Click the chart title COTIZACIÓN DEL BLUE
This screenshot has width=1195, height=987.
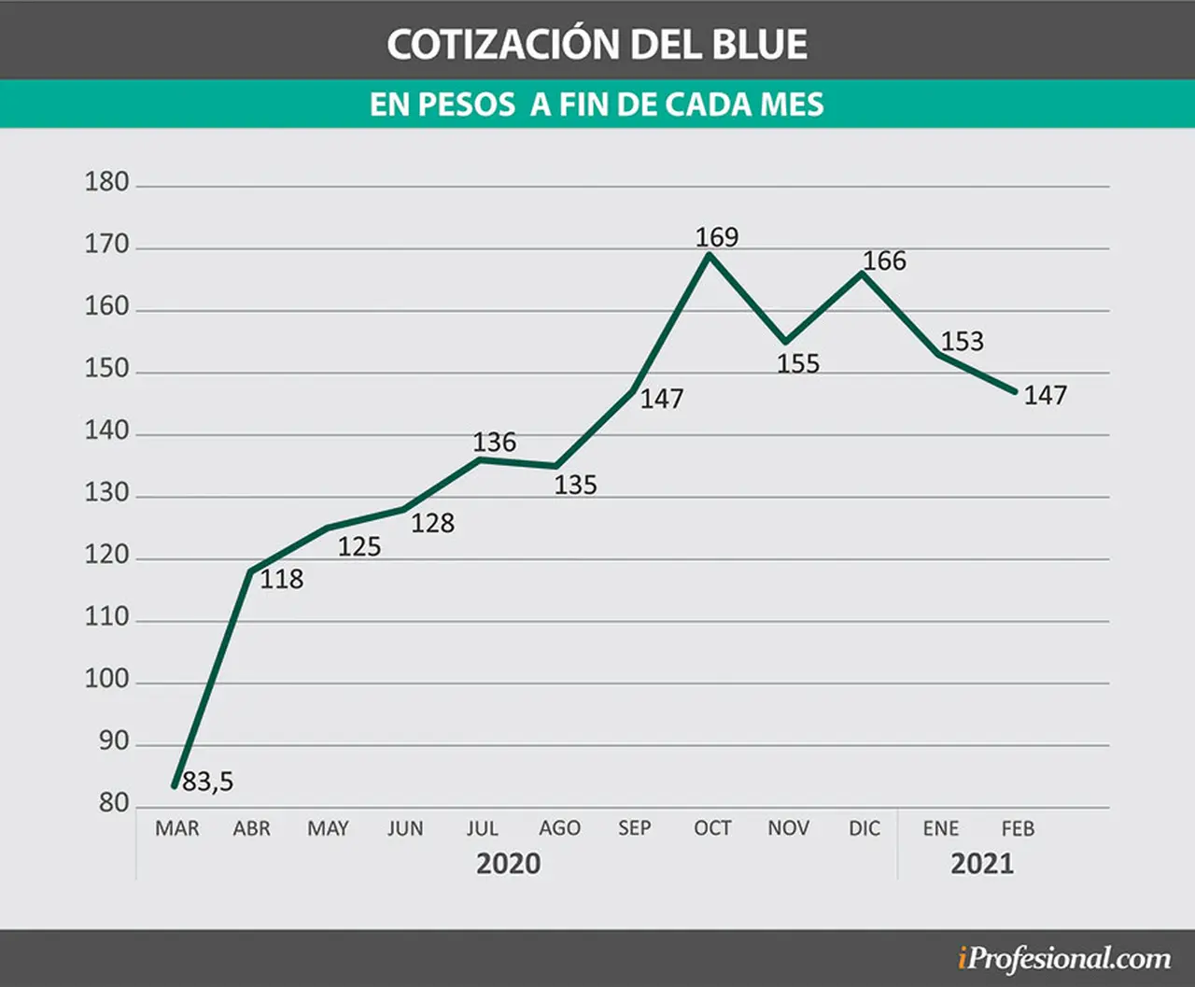pos(597,44)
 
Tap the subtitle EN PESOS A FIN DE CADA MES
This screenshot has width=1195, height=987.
pos(597,105)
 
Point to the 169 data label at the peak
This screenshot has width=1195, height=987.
pos(717,237)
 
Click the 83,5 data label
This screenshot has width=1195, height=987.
pos(208,782)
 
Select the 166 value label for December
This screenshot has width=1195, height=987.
pos(884,261)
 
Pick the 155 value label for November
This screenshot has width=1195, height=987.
pos(798,363)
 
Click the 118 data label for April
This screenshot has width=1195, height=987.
pos(282,579)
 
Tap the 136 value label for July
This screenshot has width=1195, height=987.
pos(495,442)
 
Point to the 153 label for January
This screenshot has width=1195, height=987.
pos(962,341)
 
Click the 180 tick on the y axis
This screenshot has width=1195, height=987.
pos(107,182)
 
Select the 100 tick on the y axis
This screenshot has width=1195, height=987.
pos(107,679)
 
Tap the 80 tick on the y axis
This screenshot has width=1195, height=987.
pos(114,803)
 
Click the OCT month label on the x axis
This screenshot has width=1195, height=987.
pos(712,828)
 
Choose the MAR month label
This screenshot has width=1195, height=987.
pos(177,828)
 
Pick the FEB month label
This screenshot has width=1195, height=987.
pos(1019,828)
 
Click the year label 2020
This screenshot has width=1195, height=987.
pos(508,864)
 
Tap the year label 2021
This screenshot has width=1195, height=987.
pos(982,864)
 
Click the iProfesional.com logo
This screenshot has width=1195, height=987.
pos(1064,960)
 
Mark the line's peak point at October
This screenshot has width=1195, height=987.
pos(710,254)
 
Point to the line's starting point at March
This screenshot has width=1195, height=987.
pos(175,786)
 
